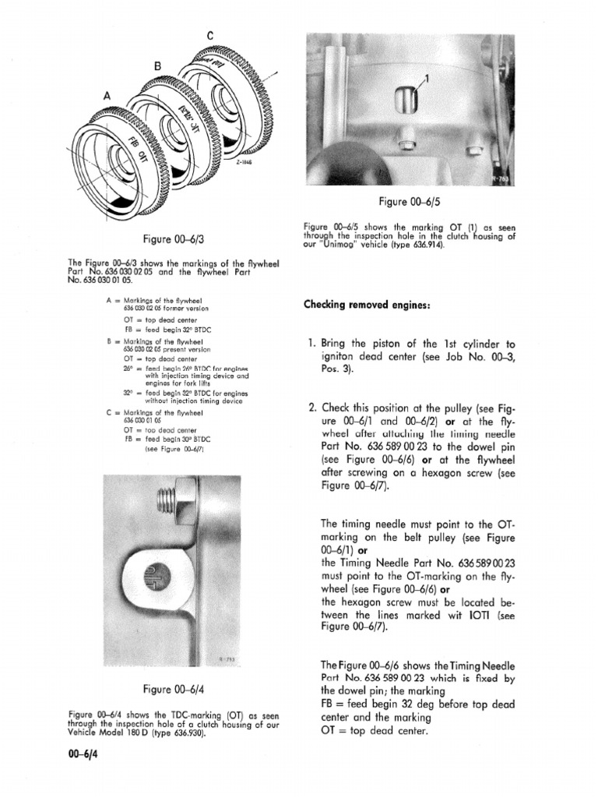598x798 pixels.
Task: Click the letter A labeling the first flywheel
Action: point(107,94)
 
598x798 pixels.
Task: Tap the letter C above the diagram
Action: point(209,34)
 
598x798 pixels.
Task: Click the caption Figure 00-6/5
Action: point(409,203)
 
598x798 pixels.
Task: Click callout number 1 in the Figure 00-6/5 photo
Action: point(426,77)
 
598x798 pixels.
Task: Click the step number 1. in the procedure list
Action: point(312,344)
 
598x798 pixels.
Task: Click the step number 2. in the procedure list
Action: point(312,408)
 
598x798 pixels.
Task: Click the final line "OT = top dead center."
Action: point(382,730)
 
